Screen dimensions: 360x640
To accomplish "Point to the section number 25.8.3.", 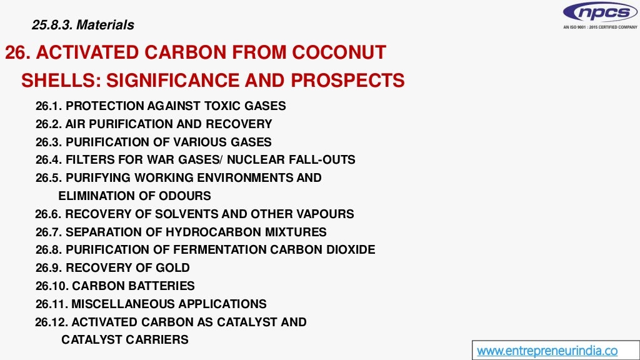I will (x=52, y=26).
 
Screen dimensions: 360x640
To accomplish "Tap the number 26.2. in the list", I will (x=49, y=124).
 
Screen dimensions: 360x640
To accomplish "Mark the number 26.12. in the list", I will (x=52, y=322).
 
